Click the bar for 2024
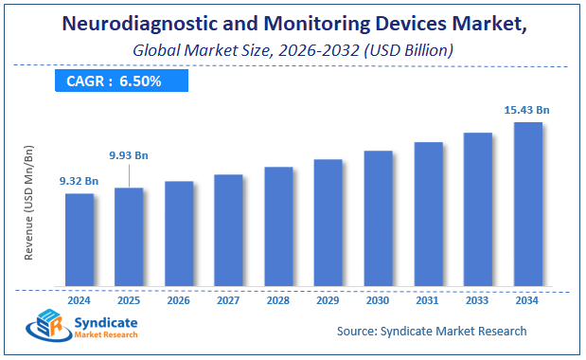[x=80, y=240]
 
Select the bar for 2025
[x=129, y=237]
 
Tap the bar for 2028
[x=278, y=226]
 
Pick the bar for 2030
[x=378, y=218]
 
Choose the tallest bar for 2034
[x=527, y=204]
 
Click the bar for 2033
[x=477, y=209]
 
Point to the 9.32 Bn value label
[x=79, y=180]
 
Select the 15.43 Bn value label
[x=527, y=110]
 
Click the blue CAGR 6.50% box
[x=115, y=81]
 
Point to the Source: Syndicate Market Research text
[x=432, y=331]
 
